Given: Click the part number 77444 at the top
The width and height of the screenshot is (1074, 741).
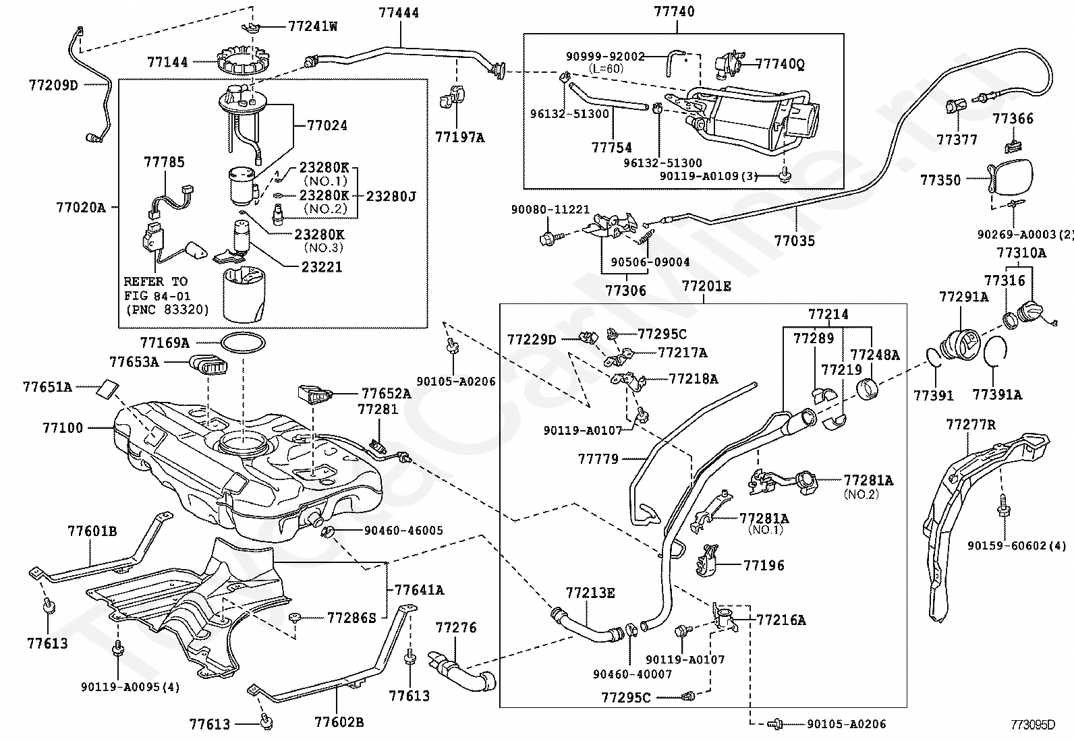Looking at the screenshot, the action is click(399, 12).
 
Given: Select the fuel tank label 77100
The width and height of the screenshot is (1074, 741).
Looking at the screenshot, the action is click(63, 427).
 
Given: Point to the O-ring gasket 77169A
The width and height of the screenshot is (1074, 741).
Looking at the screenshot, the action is click(243, 343).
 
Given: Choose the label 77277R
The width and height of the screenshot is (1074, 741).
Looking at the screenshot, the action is click(970, 425).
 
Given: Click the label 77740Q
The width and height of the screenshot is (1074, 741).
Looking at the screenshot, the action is click(780, 64).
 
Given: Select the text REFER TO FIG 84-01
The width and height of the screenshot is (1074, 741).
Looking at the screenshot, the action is click(157, 289).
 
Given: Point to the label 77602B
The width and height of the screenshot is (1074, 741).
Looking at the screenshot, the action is click(339, 722).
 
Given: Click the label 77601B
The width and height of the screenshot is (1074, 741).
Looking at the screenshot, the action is click(92, 531).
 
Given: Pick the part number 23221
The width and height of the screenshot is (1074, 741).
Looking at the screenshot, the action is click(322, 267).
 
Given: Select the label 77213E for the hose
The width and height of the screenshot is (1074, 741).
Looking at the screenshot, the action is click(590, 593).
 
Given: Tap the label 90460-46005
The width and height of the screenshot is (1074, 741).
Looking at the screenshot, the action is click(403, 531).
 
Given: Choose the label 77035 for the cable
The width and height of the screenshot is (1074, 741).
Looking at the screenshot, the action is click(795, 241).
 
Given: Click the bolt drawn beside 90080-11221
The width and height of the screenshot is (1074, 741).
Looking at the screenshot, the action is click(548, 238).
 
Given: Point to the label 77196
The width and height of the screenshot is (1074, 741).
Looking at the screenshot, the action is click(764, 566).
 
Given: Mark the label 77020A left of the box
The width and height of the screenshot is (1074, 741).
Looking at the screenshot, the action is click(80, 208).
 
